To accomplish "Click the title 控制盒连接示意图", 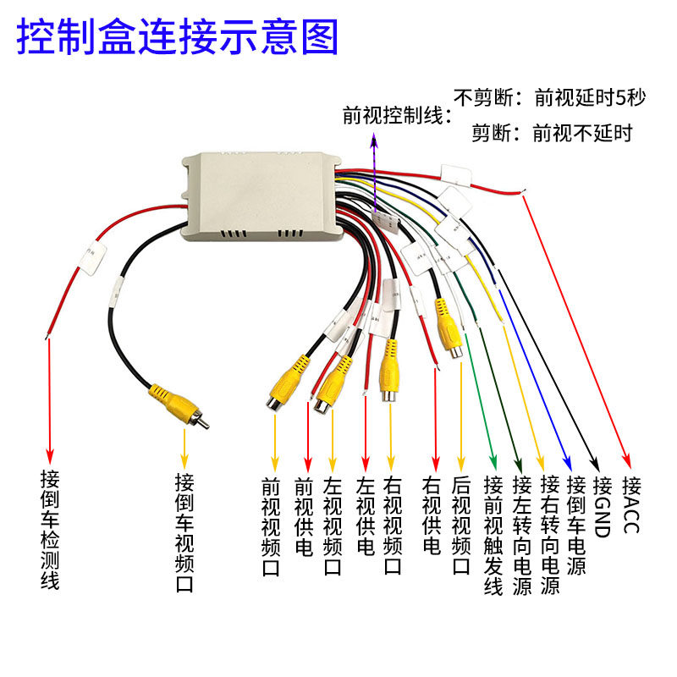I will [178, 36].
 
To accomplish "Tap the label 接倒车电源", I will [575, 526].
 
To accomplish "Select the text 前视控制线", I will [393, 115].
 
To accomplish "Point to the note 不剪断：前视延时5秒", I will [550, 96].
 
